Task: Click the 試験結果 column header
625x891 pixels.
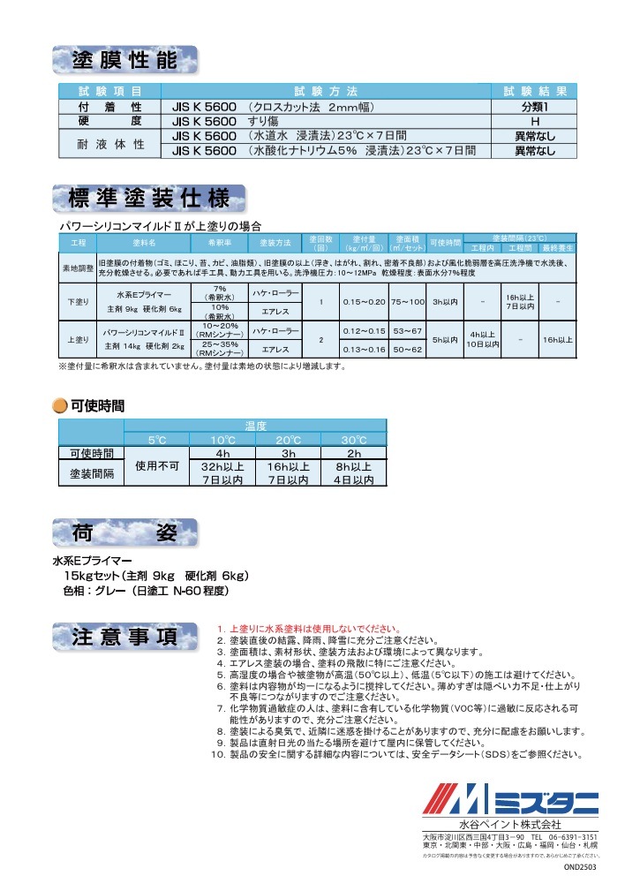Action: click(535, 91)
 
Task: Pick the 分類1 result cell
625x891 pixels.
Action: click(535, 107)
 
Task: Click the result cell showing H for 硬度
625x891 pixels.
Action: click(535, 121)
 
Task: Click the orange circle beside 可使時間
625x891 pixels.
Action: click(59, 406)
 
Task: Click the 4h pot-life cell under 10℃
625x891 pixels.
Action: click(222, 453)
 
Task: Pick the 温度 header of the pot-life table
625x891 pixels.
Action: click(255, 427)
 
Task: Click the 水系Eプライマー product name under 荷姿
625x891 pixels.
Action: click(92, 560)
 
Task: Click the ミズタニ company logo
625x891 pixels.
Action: click(510, 801)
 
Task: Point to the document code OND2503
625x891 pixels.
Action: click(580, 867)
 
